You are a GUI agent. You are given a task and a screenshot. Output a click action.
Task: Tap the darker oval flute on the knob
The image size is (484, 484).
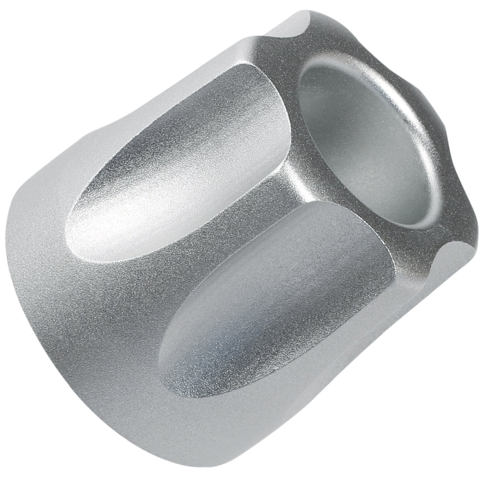pyautogui.click(x=271, y=310)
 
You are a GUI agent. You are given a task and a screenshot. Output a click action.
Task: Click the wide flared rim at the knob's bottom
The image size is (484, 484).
pyautogui.click(x=121, y=397)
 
